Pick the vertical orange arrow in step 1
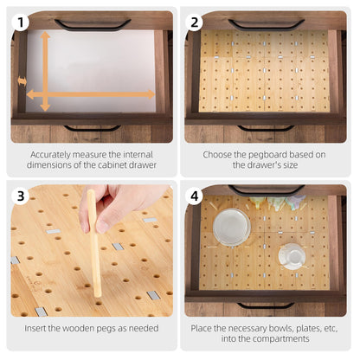pyautogui.click(x=45, y=71)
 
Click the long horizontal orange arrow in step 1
pyautogui.click(x=90, y=94)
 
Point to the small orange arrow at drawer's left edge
pyautogui.click(x=22, y=81)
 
